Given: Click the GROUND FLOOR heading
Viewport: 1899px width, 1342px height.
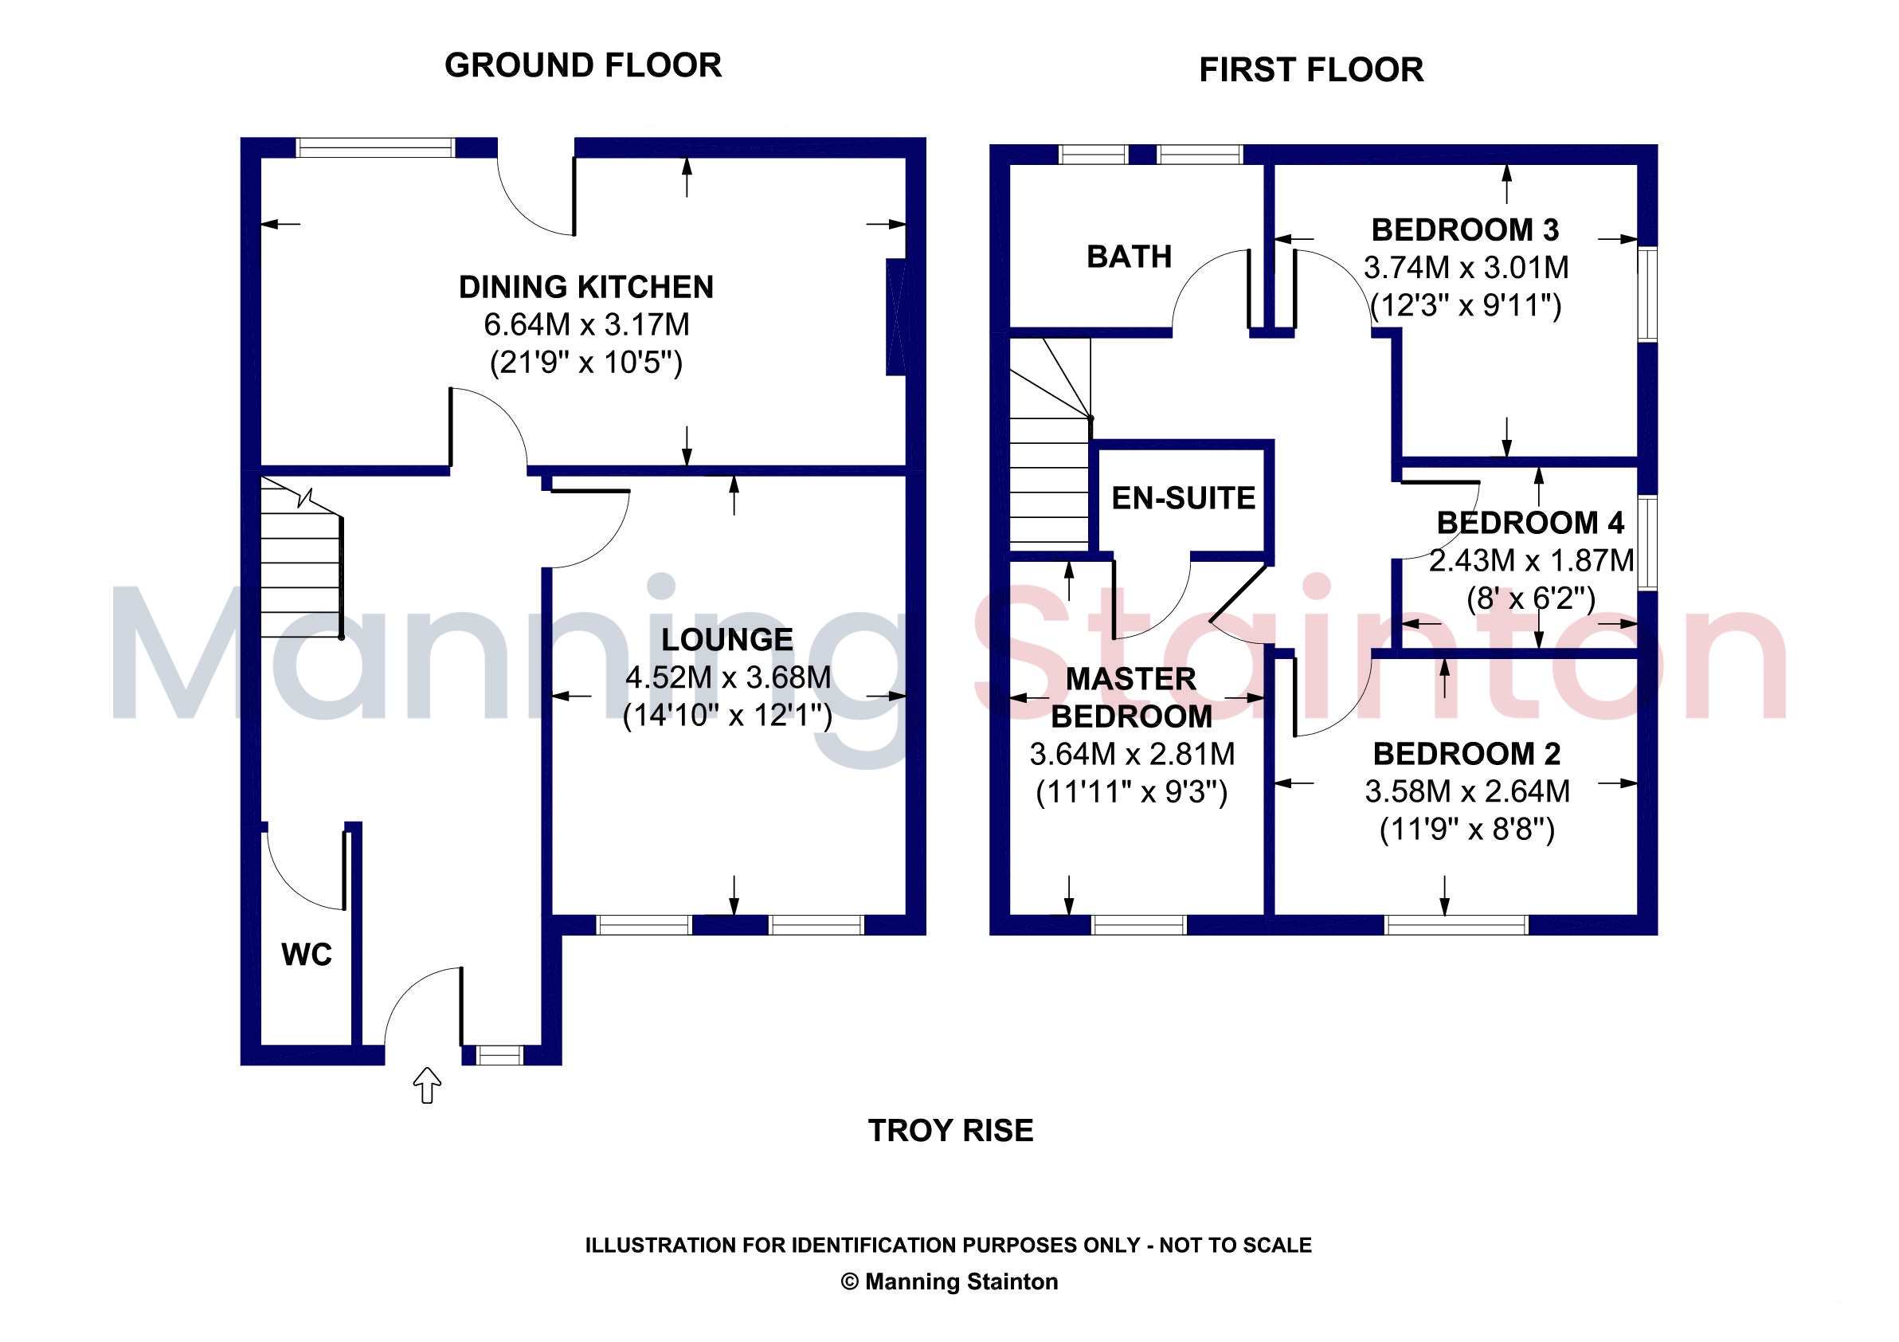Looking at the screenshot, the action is (x=583, y=65).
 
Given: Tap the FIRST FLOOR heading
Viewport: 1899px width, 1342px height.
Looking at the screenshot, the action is (x=1311, y=70).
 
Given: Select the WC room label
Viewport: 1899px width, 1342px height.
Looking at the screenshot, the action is (x=307, y=955).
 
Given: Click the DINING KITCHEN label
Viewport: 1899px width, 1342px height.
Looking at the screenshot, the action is (x=586, y=287).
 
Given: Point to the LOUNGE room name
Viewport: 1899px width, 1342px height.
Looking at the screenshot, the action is (x=727, y=640).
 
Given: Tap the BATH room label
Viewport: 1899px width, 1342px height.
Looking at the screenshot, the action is (x=1129, y=257).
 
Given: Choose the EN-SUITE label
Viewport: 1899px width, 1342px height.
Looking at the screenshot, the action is (x=1184, y=498).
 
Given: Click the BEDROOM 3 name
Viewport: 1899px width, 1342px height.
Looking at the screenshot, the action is (x=1466, y=230).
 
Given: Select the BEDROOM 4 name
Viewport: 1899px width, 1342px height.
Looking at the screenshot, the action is (x=1530, y=523).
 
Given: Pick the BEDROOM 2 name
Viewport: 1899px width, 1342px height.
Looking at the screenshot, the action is (x=1467, y=754).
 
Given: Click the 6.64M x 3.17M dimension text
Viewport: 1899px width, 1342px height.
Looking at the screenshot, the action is (x=586, y=325).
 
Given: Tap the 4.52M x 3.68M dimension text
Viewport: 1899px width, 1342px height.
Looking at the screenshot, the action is (x=728, y=677).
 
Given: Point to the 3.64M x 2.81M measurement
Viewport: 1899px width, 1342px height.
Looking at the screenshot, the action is (x=1132, y=755).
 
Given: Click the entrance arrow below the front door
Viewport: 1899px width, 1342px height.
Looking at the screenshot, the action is (x=427, y=1085).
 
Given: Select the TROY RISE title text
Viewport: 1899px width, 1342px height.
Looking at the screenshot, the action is (x=951, y=1131).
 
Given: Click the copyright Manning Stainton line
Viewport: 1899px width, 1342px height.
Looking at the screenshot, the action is (x=949, y=1281).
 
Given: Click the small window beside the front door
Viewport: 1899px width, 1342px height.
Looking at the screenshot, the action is (x=500, y=1055).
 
